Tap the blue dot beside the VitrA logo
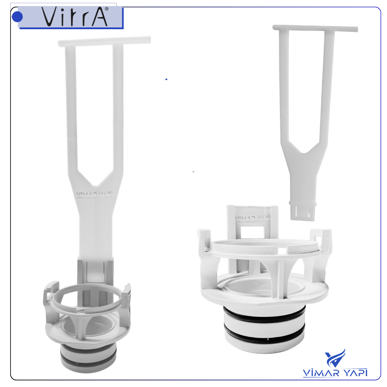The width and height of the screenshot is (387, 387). click(17, 17)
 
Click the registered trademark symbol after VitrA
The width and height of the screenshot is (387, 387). click(107, 9)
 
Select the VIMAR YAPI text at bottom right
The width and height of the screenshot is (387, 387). click(335, 373)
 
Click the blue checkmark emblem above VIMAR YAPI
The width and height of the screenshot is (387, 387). click(335, 358)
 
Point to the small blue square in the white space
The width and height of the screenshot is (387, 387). click(166, 79)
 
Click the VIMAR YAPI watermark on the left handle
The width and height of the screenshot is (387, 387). click(95, 195)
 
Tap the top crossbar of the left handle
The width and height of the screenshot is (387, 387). click(104, 42)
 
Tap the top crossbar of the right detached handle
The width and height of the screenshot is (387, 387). click(315, 28)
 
